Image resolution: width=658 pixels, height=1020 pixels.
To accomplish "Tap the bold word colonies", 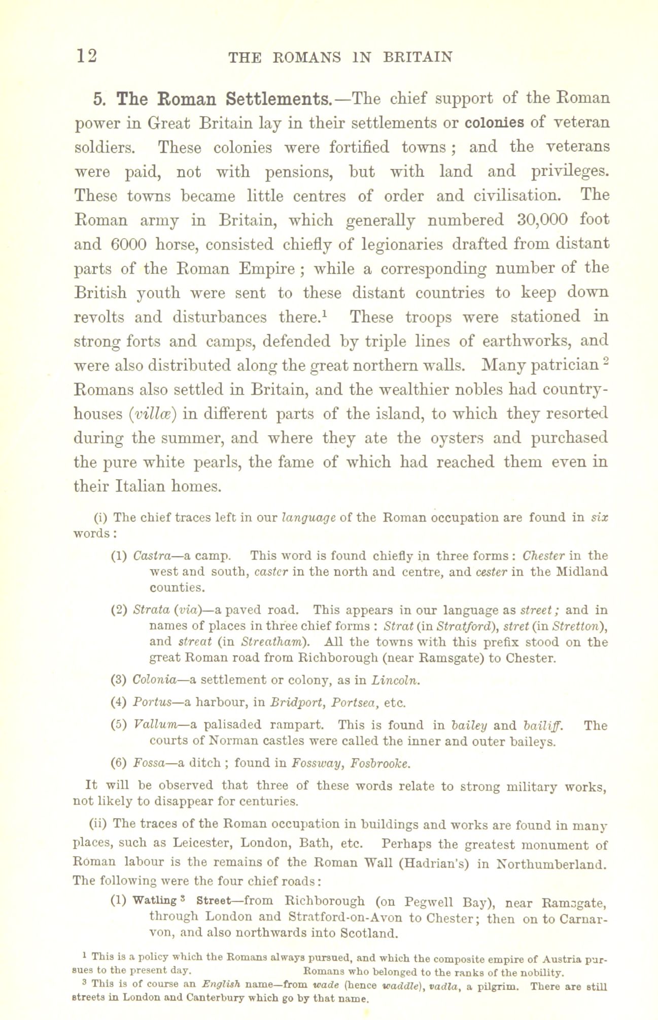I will tap(495, 123).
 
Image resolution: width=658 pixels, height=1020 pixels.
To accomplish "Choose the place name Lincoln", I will tap(395, 680).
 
